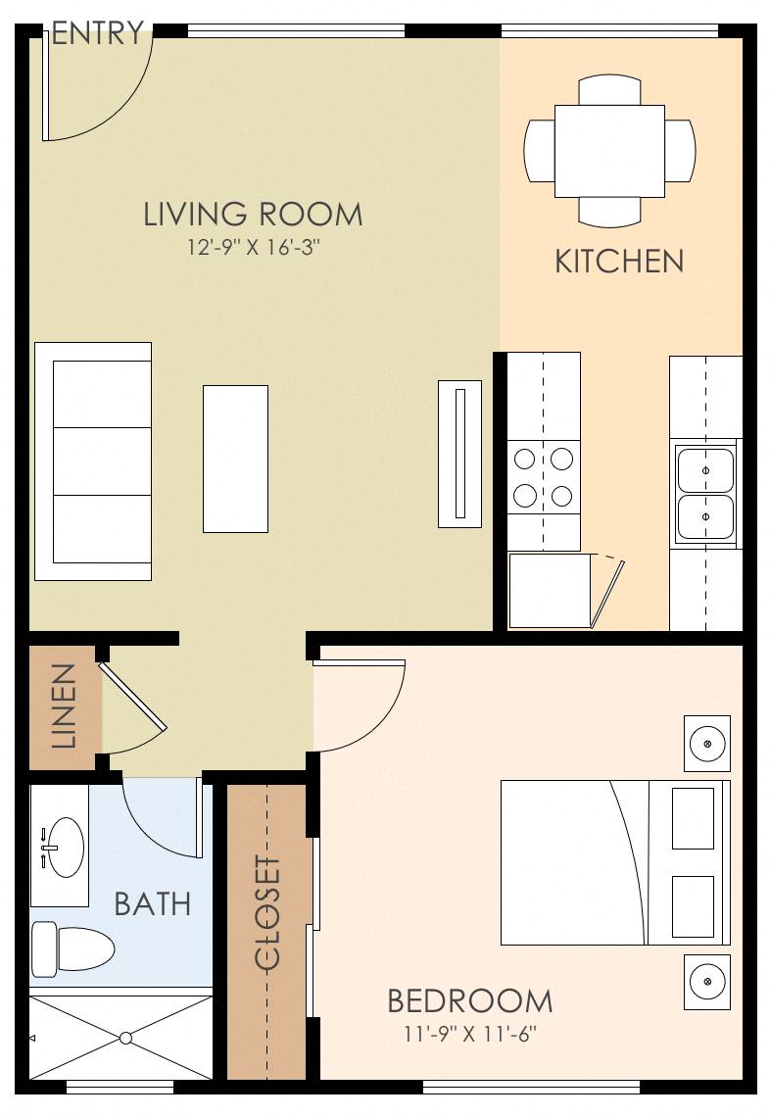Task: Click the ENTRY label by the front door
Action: click(97, 34)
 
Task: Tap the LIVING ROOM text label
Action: click(253, 214)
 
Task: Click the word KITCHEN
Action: click(619, 262)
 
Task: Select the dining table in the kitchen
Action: click(609, 151)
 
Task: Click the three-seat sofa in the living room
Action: click(93, 461)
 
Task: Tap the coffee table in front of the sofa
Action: click(235, 459)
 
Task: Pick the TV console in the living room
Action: click(459, 454)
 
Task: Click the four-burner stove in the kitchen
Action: click(544, 476)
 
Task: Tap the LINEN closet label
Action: click(63, 706)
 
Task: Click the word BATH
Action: click(152, 903)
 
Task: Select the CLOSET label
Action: click(267, 913)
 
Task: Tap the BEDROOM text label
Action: click(469, 1001)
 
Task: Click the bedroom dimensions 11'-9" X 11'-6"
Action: click(469, 1033)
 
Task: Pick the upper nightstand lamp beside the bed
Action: click(707, 743)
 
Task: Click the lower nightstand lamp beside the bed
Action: click(707, 981)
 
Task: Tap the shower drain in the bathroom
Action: click(125, 1037)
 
